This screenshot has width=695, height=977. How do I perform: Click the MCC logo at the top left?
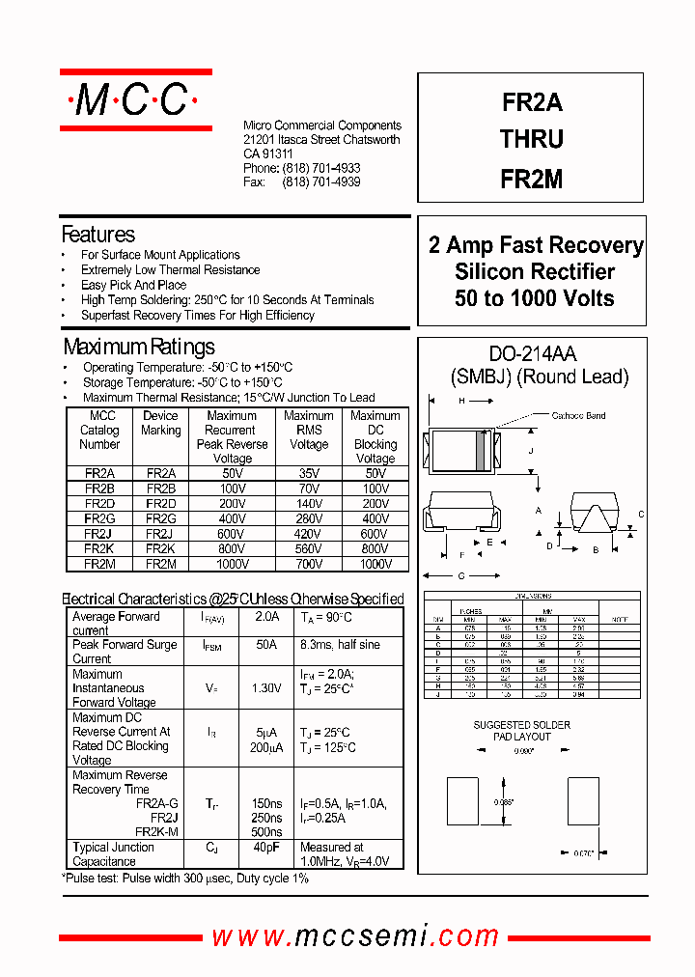[x=135, y=99]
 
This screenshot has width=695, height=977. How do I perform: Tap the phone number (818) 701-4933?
[x=320, y=168]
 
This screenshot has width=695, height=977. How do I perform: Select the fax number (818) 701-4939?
[x=320, y=182]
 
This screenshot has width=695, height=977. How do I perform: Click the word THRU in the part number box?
[x=531, y=139]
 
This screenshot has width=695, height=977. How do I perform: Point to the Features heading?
[x=97, y=235]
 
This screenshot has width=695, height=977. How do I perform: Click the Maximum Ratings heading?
[x=139, y=347]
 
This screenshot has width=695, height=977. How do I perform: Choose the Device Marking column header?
[x=160, y=423]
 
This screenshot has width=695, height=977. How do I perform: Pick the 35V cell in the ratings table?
[x=308, y=474]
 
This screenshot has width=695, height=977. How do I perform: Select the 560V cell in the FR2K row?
[x=308, y=547]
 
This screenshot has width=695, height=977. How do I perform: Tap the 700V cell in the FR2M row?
[x=308, y=563]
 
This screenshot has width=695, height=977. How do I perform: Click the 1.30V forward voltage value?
[x=266, y=688]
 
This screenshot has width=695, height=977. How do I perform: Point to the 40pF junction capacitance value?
[x=265, y=848]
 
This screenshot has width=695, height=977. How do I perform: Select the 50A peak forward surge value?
[x=266, y=645]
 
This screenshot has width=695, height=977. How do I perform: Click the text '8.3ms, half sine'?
[x=340, y=645]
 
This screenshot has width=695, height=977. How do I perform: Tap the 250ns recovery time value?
[x=266, y=818]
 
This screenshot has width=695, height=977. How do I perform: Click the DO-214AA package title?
[x=533, y=355]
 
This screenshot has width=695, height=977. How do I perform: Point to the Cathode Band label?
[x=578, y=416]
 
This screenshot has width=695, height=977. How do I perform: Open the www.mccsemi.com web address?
[x=355, y=935]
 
